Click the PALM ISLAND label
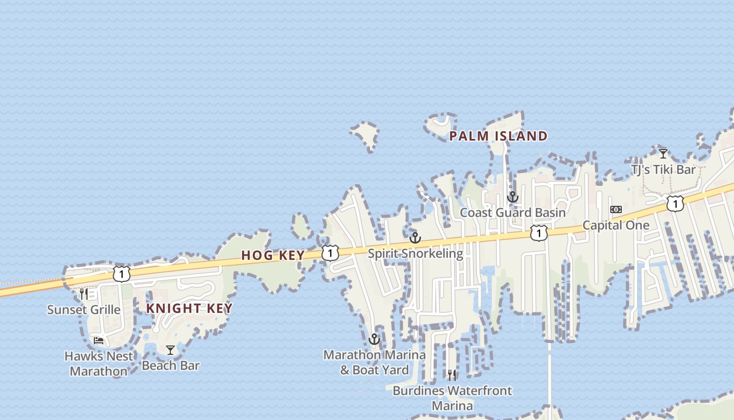pyautogui.click(x=498, y=136)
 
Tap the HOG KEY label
pyautogui.click(x=273, y=256)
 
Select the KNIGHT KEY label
pyautogui.click(x=189, y=308)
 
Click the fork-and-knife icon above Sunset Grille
pyautogui.click(x=84, y=294)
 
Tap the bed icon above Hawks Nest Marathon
pyautogui.click(x=98, y=340)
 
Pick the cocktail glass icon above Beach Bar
pyautogui.click(x=170, y=350)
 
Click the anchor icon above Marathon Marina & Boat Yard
pyautogui.click(x=374, y=339)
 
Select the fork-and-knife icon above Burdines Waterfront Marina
pyautogui.click(x=451, y=375)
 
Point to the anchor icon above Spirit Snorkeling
pyautogui.click(x=415, y=238)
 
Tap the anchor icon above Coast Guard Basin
pyautogui.click(x=512, y=197)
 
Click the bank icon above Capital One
pyautogui.click(x=616, y=209)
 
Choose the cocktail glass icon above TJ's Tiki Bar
pyautogui.click(x=663, y=154)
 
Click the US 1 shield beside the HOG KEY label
pyautogui.click(x=330, y=253)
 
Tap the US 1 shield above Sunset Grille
pyautogui.click(x=121, y=274)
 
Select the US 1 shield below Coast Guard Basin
pyautogui.click(x=538, y=233)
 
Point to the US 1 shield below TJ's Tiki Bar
pyautogui.click(x=675, y=203)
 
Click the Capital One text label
pyautogui.click(x=616, y=226)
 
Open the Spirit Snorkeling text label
pyautogui.click(x=415, y=254)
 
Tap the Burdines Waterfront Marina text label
pyautogui.click(x=452, y=398)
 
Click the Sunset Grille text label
pyautogui.click(x=84, y=310)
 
